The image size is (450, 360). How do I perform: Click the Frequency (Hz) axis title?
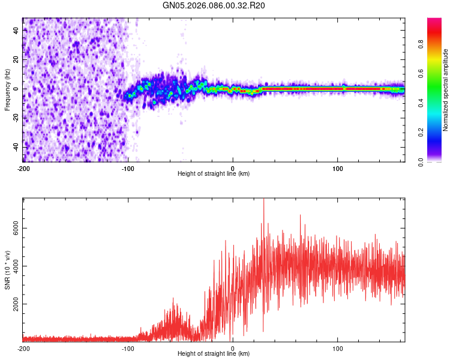coord(7,90)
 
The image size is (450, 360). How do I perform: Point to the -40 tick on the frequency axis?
coord(16,147)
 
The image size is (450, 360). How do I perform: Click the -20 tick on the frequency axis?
coord(16,118)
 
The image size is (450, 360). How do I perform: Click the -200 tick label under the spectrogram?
coord(23,167)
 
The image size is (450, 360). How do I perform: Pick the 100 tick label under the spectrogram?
coord(338,167)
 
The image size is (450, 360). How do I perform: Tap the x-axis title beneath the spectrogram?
coord(214,174)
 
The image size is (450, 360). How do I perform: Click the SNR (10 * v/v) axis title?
coord(7,269)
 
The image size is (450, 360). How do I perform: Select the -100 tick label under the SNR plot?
coord(128,348)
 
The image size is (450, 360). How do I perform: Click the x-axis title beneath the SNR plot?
coord(214,354)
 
